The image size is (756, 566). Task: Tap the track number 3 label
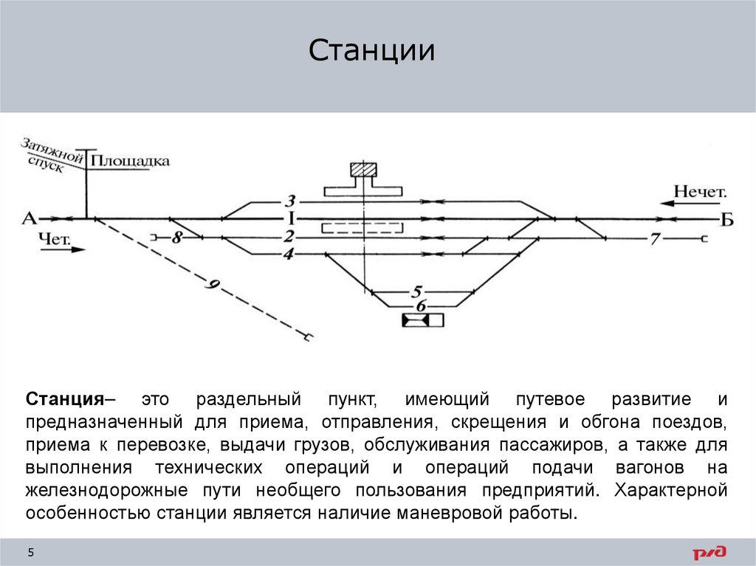click(291, 201)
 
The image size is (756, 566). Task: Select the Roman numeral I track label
click(291, 218)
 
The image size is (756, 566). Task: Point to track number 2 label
click(289, 237)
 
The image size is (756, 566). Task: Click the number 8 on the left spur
click(176, 238)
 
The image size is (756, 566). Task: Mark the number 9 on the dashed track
click(215, 287)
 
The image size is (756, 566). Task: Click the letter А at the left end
click(29, 218)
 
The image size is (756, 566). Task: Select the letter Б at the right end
click(727, 219)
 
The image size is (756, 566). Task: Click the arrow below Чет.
click(62, 249)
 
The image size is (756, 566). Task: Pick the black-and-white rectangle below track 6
click(422, 320)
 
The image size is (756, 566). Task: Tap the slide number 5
click(31, 553)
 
